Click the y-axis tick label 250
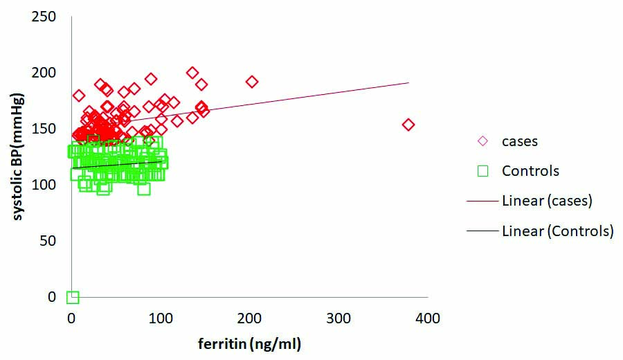(45, 16)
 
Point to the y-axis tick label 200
(45, 73)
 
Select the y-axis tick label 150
(45, 128)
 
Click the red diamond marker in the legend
(482, 141)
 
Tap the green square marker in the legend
(482, 170)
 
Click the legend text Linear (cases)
(548, 201)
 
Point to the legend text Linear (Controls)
(557, 231)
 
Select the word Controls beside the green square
(530, 170)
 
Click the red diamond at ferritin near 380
(408, 125)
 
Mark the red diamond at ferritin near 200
(252, 82)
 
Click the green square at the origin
(73, 297)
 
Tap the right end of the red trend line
(408, 82)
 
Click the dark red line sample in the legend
(482, 201)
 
